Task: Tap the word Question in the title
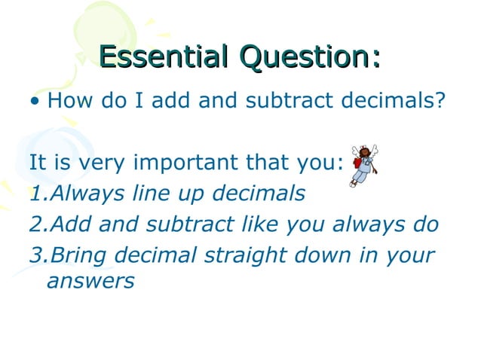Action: [x=306, y=58]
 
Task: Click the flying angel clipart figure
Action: [x=363, y=165]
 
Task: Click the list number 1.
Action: [x=35, y=194]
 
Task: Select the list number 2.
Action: [x=36, y=224]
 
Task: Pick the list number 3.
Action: [x=36, y=255]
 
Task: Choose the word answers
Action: [x=90, y=282]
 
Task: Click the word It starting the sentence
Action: [x=38, y=163]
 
